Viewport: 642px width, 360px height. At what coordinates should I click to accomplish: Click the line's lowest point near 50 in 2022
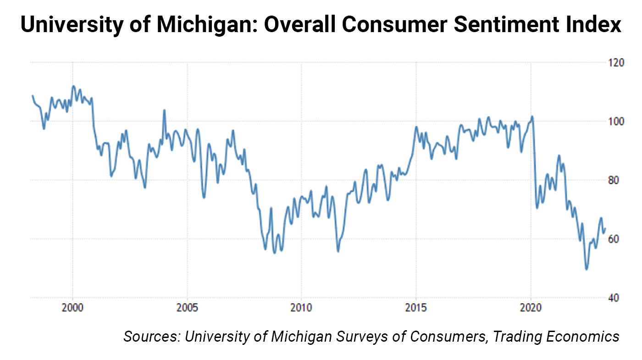tap(586, 269)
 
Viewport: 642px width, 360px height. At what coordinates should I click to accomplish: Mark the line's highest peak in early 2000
tap(73, 86)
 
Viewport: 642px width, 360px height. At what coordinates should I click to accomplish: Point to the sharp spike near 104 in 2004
tap(164, 110)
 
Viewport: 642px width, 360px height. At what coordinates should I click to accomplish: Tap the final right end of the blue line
tap(605, 228)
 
